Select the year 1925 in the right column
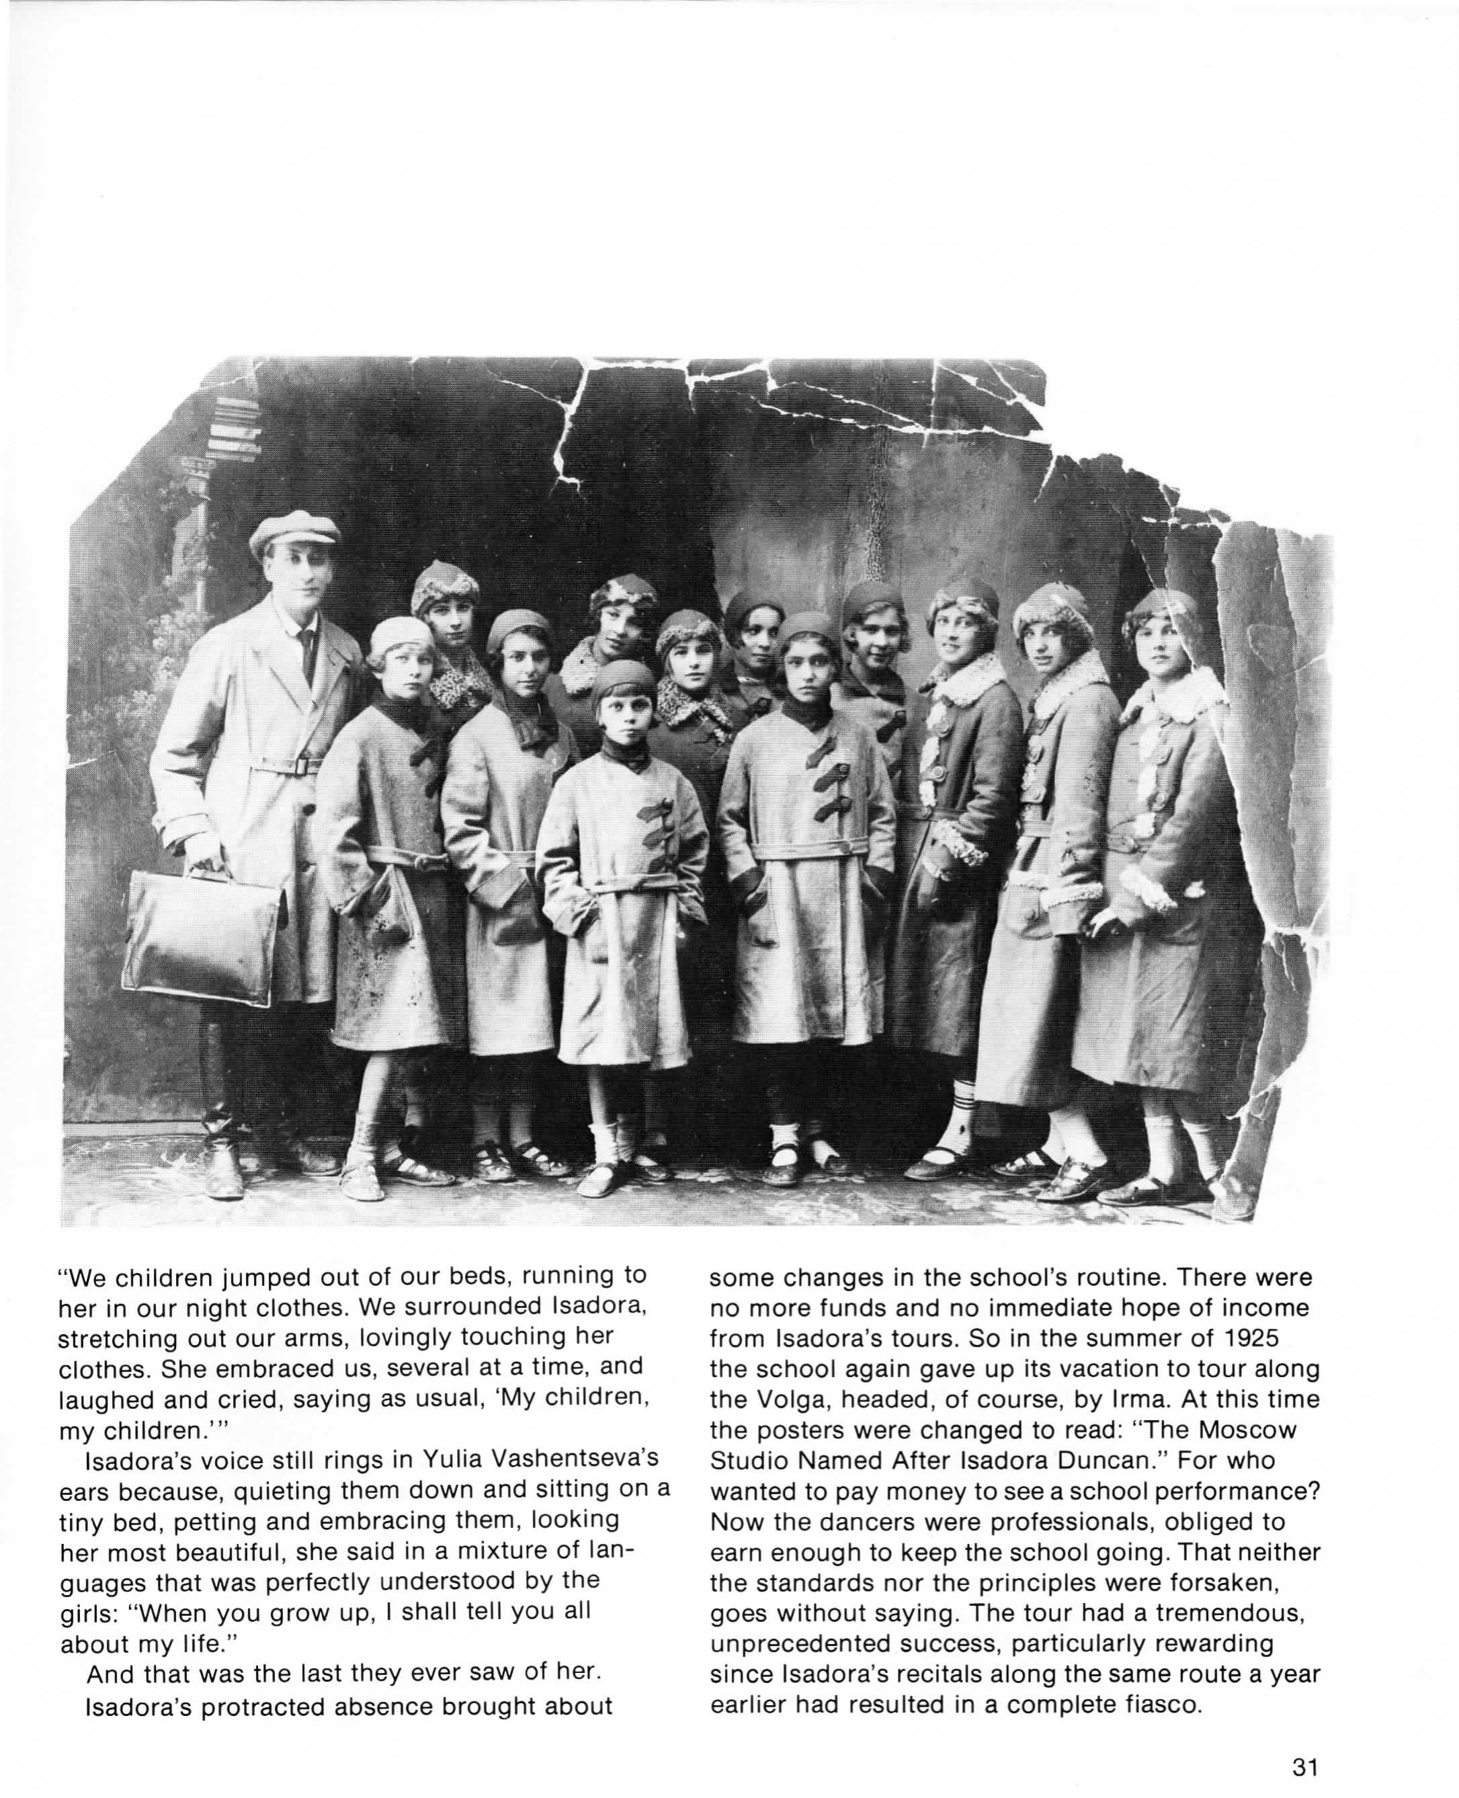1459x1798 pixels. (1238, 1336)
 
